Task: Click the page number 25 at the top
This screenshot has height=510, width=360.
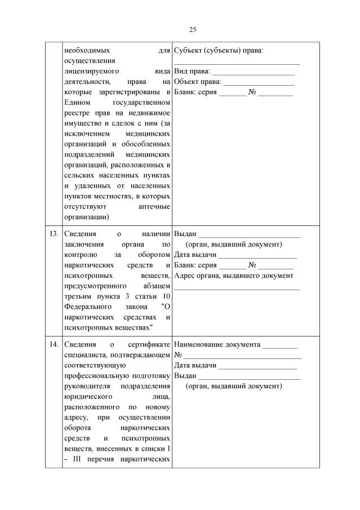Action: tap(192, 29)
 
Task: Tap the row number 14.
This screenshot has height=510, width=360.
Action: tap(54, 345)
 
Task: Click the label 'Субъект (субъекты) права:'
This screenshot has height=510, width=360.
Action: tap(219, 50)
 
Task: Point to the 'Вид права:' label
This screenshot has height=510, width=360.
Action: tap(193, 72)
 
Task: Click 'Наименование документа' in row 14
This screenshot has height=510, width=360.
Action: tap(217, 344)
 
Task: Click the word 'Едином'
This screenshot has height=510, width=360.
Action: tap(77, 103)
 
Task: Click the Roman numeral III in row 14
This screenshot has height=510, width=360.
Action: tap(77, 459)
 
